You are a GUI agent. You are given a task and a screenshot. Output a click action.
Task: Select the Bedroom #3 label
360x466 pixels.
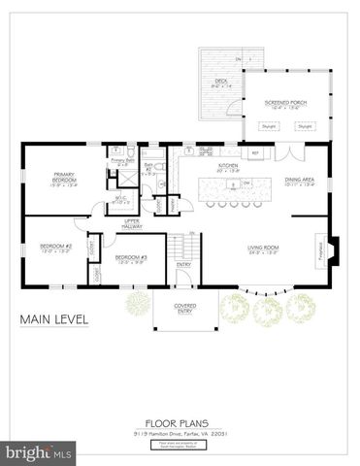(131, 256)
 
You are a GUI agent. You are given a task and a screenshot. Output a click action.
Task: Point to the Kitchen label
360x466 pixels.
(228, 166)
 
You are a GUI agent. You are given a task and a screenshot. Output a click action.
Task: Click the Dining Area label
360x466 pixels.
(298, 181)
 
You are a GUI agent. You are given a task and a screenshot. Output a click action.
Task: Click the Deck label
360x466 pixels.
(219, 82)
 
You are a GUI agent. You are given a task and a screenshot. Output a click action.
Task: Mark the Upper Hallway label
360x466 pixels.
(133, 223)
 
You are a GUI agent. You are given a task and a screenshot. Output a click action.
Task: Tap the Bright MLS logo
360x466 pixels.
(39, 453)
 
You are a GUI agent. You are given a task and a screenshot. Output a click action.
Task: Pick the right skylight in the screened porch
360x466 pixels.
(306, 125)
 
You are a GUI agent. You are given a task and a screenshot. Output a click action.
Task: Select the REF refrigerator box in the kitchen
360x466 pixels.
(255, 153)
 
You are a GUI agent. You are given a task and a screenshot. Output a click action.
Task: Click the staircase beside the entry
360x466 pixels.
(181, 245)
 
